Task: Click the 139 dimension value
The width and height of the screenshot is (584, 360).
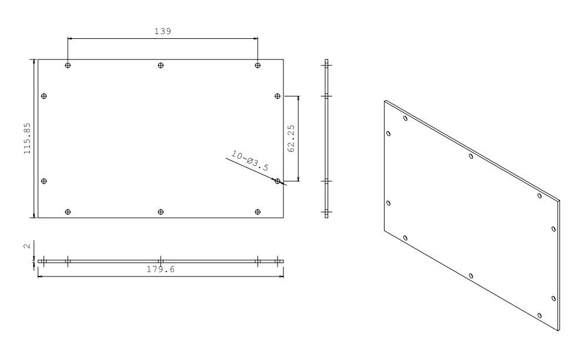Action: click(163, 31)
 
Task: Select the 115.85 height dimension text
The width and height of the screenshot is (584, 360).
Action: click(27, 139)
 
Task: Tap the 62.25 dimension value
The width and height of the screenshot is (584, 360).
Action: click(291, 138)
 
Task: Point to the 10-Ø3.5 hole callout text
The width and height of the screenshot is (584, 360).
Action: click(249, 161)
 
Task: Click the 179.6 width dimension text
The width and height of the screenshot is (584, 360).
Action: click(161, 269)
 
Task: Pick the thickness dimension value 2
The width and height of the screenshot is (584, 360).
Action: click(27, 246)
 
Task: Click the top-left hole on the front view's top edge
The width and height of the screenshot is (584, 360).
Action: click(68, 65)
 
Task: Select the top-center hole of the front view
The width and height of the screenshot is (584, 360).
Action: click(161, 65)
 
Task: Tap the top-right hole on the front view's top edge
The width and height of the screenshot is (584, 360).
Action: click(258, 65)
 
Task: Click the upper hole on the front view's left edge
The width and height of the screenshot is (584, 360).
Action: click(44, 96)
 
